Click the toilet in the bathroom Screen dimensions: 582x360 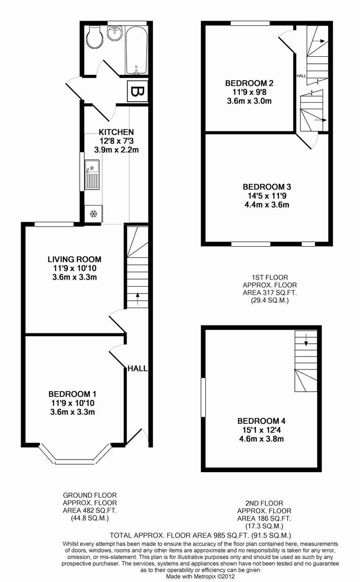coord(96,38)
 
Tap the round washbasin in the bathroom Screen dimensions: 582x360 coord(114,33)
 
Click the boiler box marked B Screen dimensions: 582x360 coord(137,91)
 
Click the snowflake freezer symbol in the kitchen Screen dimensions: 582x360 coord(93,214)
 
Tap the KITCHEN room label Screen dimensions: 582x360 coord(116,132)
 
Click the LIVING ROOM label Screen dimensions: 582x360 coord(75,259)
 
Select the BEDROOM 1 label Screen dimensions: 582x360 coord(73,394)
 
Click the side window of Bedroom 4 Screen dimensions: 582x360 coord(203,397)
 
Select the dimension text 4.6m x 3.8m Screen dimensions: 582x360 coord(261,439)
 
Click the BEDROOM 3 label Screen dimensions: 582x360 coord(267,187)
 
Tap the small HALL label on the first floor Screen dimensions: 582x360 coord(301,76)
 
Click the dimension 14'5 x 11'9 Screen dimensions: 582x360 coord(267,196)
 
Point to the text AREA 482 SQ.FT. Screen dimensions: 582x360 coord(90,510)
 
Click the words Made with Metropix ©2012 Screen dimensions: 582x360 coord(200,576)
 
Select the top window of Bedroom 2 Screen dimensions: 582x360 coord(250,23)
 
